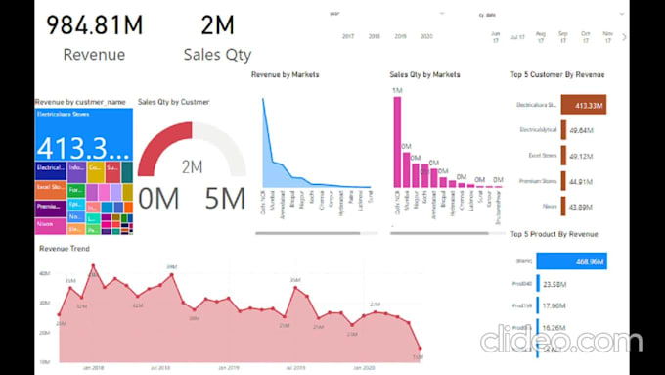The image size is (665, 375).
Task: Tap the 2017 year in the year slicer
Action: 348,35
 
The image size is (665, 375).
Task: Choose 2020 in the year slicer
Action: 426,35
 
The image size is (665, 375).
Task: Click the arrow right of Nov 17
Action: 624,36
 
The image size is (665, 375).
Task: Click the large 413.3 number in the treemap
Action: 83,147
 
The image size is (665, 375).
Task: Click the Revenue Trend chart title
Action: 65,249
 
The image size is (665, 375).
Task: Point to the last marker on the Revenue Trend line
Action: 421,348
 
